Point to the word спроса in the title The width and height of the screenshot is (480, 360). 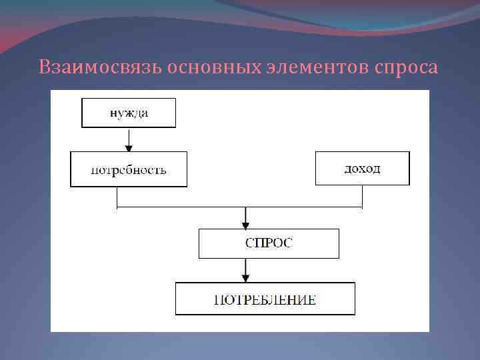click(407, 68)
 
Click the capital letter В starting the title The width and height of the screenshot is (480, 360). click(44, 68)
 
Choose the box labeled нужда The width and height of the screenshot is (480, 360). click(129, 113)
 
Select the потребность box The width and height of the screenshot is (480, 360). click(129, 169)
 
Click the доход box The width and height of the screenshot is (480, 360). click(362, 169)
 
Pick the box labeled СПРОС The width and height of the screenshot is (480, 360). click(269, 243)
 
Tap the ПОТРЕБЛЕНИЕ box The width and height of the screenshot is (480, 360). click(265, 299)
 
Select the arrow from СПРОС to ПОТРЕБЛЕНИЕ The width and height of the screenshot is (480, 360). click(246, 271)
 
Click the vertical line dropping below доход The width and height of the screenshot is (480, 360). click(362, 197)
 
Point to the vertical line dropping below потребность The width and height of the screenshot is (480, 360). click(117, 197)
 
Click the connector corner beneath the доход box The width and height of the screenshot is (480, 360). click(362, 208)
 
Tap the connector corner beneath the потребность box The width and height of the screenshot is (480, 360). click(117, 208)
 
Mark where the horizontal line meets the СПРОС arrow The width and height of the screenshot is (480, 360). click(246, 208)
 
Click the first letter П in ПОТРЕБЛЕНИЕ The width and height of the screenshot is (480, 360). click(218, 300)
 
